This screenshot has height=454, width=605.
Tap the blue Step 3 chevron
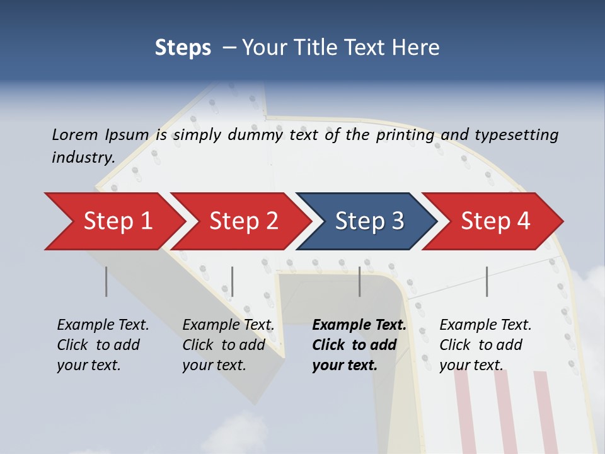pyautogui.click(x=369, y=221)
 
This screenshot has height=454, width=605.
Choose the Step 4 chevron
pyautogui.click(x=495, y=221)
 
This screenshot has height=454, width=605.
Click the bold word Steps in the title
pyautogui.click(x=183, y=47)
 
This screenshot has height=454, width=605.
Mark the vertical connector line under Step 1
pyautogui.click(x=107, y=281)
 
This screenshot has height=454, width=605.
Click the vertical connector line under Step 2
pyautogui.click(x=233, y=281)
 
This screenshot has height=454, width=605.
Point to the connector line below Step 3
pyautogui.click(x=360, y=281)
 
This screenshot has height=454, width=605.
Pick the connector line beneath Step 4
pyautogui.click(x=487, y=281)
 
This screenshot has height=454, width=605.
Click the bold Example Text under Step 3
pyautogui.click(x=359, y=325)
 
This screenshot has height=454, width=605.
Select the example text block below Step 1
pyautogui.click(x=103, y=345)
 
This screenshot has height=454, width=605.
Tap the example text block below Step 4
pyautogui.click(x=485, y=345)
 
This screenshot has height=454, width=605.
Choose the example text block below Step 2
pyautogui.click(x=228, y=345)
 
